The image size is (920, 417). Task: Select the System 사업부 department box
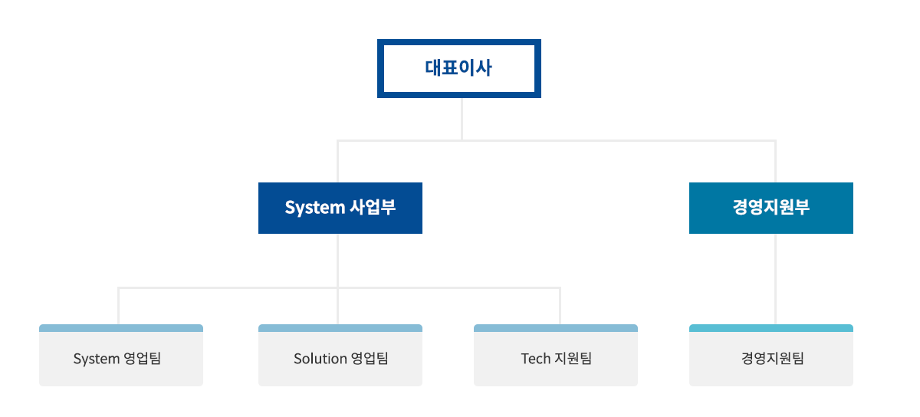coord(340,208)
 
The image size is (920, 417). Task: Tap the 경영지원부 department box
coord(770,208)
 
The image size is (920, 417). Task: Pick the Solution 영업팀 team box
coord(340,358)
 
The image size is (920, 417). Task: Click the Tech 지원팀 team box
coord(555,358)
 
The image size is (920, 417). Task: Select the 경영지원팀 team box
coord(770,358)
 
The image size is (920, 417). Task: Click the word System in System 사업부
coord(314,208)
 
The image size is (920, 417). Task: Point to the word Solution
coord(320,359)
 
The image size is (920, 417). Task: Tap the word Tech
coord(535,359)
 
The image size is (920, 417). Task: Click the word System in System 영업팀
coord(97,359)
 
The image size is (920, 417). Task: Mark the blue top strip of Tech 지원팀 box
coord(555,328)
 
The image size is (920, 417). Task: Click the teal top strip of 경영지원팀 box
coord(770,328)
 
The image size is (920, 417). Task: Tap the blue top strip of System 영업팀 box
coord(120,328)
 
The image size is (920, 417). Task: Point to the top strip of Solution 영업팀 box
coord(340,328)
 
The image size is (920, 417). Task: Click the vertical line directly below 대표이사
coord(462,119)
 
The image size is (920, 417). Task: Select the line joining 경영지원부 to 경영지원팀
coord(775,278)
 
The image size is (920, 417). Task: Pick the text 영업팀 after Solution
coord(370,359)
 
